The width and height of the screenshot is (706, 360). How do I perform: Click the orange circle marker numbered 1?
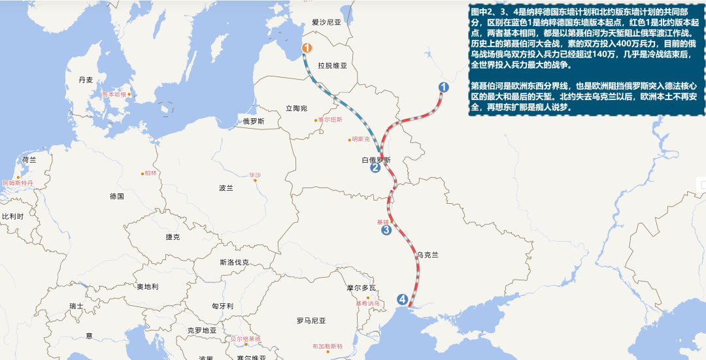click(x=307, y=48)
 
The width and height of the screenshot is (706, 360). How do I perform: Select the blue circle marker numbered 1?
click(x=443, y=87)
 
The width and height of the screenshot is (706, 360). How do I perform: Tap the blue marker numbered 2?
click(x=375, y=168)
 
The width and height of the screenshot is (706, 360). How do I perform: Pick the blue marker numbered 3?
click(x=386, y=229)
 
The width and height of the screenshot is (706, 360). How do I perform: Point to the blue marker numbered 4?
click(x=403, y=300)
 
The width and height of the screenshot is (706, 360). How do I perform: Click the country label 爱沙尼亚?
click(x=327, y=22)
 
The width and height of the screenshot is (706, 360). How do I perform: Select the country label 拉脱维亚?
click(x=332, y=66)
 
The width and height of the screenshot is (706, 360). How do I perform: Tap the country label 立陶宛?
click(x=296, y=108)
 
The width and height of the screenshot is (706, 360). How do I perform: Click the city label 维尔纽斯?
click(x=330, y=120)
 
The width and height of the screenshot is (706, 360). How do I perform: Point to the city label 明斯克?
click(x=360, y=139)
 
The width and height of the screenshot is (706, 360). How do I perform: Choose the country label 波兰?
click(x=226, y=188)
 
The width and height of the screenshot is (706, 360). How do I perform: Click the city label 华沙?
click(x=254, y=175)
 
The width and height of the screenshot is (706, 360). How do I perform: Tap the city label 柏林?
click(x=150, y=173)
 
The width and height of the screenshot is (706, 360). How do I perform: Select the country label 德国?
click(x=117, y=196)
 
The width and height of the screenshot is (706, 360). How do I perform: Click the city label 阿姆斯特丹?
click(x=17, y=184)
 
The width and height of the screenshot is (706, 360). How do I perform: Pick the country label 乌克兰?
click(x=427, y=255)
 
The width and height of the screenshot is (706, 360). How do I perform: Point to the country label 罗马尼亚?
click(x=311, y=321)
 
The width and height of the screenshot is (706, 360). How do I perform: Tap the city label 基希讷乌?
click(x=367, y=303)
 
